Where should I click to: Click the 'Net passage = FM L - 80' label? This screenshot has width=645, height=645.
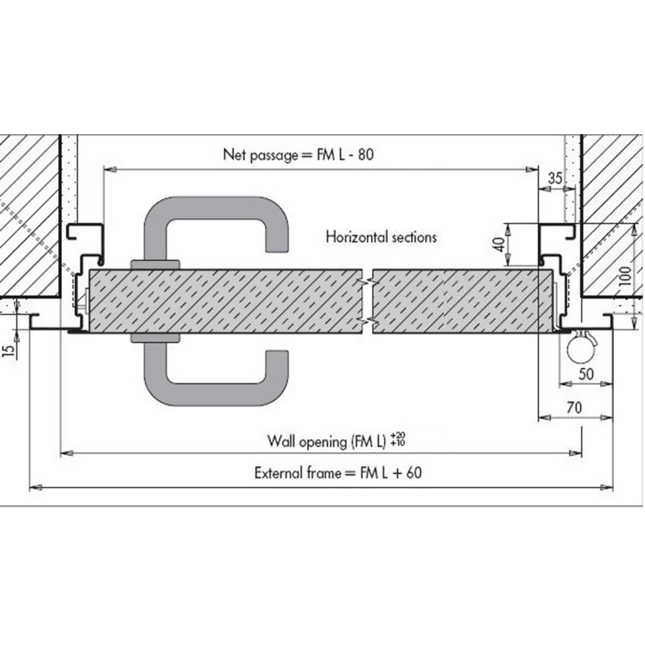(298, 155)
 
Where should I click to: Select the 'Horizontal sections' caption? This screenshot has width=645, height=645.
(381, 237)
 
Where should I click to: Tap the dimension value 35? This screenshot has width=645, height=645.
(555, 178)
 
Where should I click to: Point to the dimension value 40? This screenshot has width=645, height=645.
(499, 244)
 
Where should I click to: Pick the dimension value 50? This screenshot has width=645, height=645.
(586, 374)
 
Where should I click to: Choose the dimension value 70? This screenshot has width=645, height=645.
(574, 407)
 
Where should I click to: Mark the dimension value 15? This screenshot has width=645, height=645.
(8, 350)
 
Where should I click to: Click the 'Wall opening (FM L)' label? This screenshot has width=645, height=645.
(327, 442)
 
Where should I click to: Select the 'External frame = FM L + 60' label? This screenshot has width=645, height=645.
(338, 473)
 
